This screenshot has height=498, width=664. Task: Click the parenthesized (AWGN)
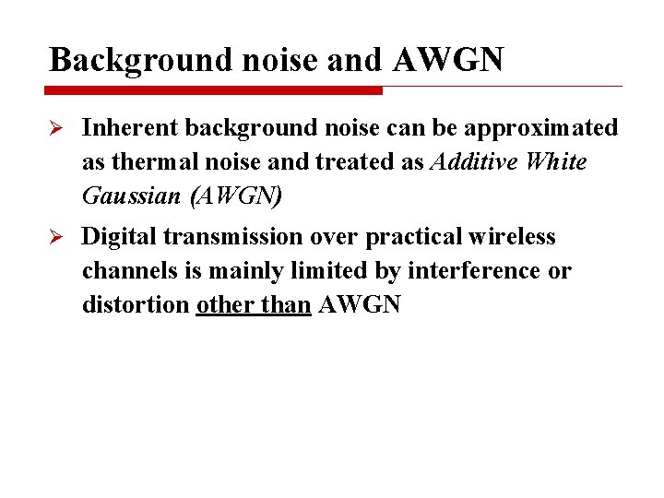(x=236, y=196)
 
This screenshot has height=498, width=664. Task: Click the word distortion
(x=136, y=305)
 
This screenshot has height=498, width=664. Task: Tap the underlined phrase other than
(x=254, y=305)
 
